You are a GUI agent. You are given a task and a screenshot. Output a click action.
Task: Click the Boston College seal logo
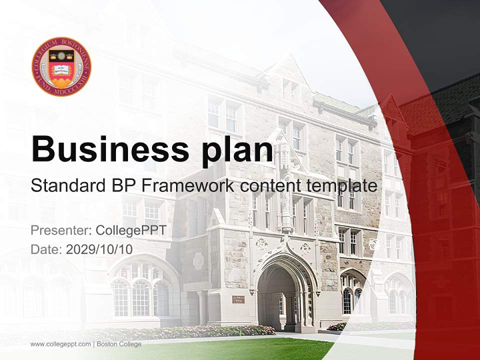(x=61, y=66)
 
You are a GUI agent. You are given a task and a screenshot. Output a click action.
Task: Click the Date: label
(x=46, y=249)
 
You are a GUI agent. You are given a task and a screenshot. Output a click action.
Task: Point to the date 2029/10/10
(x=99, y=249)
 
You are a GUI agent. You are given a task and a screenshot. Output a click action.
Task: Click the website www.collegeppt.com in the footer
(x=60, y=344)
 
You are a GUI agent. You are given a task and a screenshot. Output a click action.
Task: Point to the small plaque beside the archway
(x=238, y=299)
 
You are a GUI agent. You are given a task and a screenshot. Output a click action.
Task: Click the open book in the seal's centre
(x=61, y=69)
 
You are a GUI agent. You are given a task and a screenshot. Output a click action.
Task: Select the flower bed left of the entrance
(x=200, y=331)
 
